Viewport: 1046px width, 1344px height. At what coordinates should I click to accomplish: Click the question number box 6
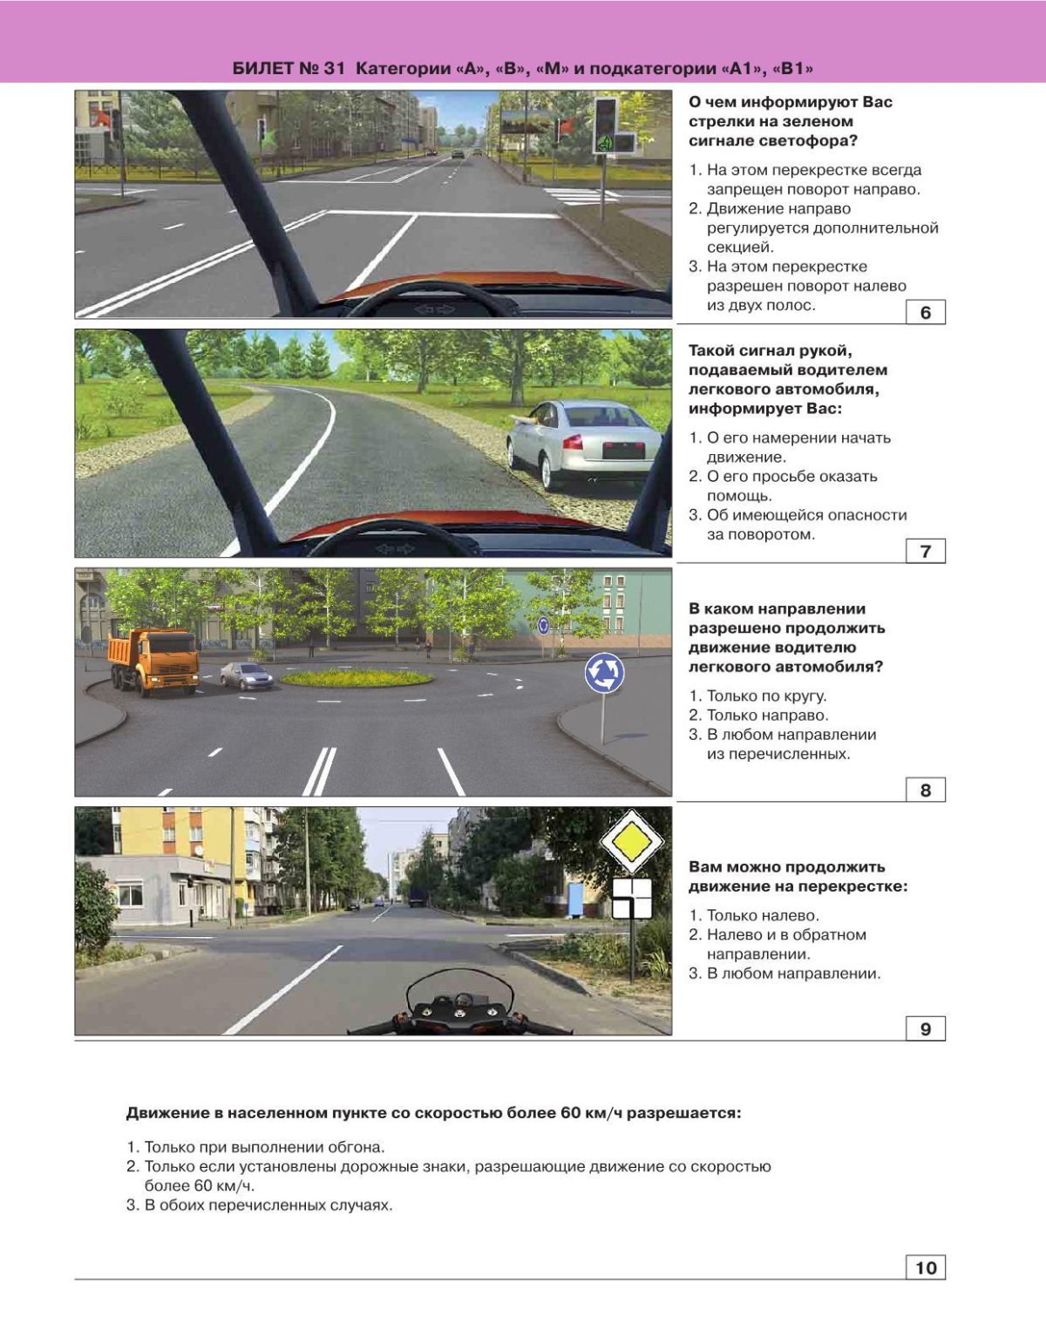pos(925,312)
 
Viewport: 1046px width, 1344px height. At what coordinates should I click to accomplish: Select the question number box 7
pos(925,551)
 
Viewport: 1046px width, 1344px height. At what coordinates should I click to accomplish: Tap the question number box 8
pos(925,791)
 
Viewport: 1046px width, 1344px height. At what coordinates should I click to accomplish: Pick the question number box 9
pos(925,1029)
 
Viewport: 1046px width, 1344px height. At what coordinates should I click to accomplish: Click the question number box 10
pos(925,1267)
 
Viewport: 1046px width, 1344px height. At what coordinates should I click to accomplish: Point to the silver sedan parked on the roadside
pos(583,444)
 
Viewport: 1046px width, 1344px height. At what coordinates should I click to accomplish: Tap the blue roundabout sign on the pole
pos(604,674)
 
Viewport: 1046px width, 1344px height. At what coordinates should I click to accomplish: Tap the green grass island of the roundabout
pos(357,677)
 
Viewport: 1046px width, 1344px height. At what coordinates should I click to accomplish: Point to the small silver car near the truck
pos(246,675)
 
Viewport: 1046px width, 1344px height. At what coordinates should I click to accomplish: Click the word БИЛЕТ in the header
pos(261,69)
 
